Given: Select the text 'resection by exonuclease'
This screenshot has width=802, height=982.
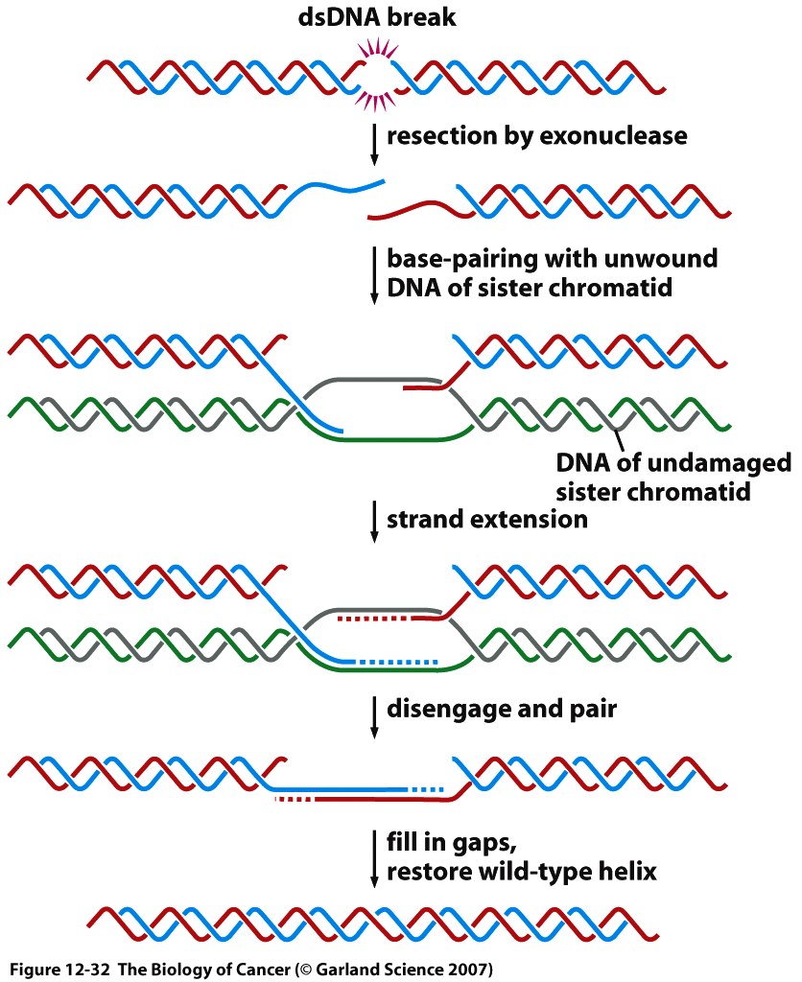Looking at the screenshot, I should (536, 136).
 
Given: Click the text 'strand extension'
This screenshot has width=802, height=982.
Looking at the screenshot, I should (486, 520).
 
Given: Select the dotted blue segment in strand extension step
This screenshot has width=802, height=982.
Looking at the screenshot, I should (397, 661).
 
